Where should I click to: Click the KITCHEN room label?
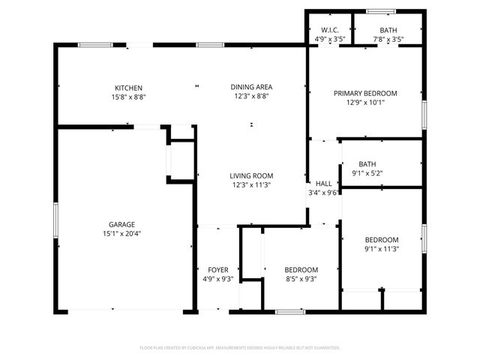(x=128, y=88)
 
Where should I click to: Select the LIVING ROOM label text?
(x=251, y=175)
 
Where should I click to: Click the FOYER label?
(x=217, y=270)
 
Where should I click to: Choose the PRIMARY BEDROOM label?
(x=365, y=94)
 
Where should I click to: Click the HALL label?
(x=323, y=183)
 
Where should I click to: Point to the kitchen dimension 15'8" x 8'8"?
(x=128, y=97)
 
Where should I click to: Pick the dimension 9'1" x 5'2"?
(x=367, y=173)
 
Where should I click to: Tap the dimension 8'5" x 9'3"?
(x=291, y=279)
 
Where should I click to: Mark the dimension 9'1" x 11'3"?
(x=382, y=249)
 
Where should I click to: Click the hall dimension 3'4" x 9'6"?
(x=324, y=192)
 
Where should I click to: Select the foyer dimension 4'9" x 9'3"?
(x=217, y=279)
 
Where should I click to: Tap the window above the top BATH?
(x=381, y=10)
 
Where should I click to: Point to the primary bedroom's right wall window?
(x=424, y=114)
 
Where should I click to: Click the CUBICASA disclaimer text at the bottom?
(x=240, y=348)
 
